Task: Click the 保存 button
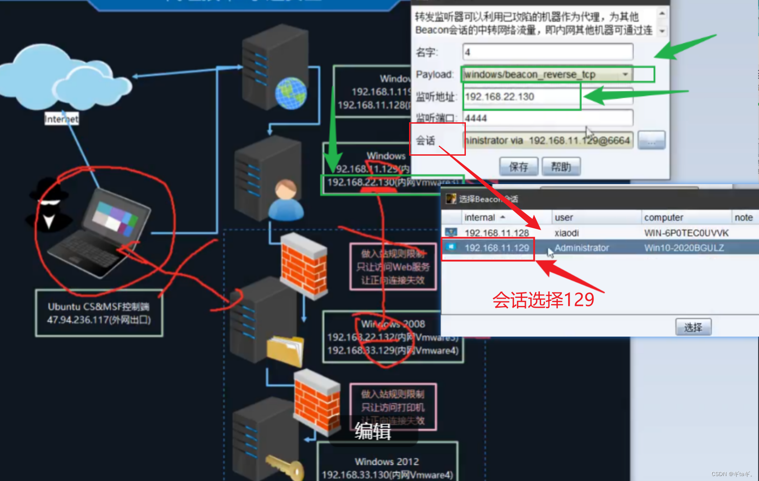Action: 519,167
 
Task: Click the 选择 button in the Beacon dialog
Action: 693,327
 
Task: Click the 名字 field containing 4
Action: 547,52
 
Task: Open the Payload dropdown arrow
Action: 626,74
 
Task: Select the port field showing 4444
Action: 547,118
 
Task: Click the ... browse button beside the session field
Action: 652,141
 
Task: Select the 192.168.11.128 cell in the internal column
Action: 497,233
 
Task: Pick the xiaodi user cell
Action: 566,233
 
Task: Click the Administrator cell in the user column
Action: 581,248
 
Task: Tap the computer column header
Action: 663,217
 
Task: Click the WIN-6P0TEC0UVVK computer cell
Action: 686,233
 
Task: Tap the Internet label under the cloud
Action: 61,119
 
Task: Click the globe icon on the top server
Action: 291,93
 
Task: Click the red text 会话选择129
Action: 543,300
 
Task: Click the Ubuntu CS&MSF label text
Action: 99,307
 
